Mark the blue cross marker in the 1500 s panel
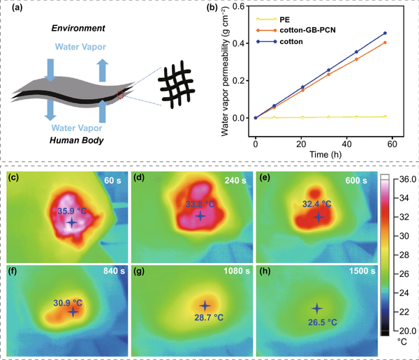tap(316, 308)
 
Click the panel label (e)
tap(265, 178)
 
